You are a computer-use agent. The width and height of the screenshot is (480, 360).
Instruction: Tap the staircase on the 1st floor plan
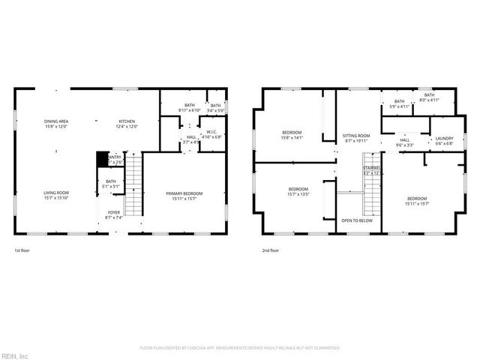133,184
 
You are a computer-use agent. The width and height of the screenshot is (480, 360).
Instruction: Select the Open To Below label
357,221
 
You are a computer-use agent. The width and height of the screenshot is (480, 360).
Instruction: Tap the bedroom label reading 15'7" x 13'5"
298,191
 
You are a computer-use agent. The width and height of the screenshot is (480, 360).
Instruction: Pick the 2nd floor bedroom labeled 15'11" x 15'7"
418,200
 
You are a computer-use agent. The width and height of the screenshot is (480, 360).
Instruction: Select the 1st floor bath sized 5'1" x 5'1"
111,184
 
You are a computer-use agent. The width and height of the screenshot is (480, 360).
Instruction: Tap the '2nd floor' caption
270,250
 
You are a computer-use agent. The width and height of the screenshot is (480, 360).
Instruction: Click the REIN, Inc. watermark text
14,355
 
